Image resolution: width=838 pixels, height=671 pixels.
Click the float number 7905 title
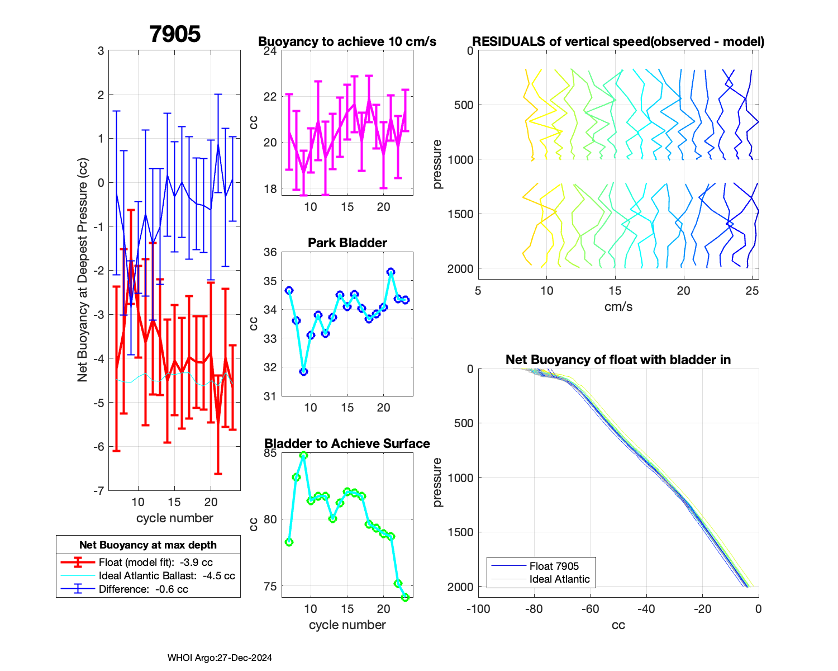click(x=175, y=34)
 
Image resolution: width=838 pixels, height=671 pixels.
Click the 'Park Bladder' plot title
click(x=347, y=243)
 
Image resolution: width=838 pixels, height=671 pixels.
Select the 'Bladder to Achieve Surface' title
click(x=347, y=443)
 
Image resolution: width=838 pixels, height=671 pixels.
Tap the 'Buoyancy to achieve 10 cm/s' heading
click(x=347, y=41)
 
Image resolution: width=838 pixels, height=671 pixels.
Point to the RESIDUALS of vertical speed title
click(x=618, y=41)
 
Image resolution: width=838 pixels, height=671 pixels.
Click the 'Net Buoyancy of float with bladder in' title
click(x=618, y=360)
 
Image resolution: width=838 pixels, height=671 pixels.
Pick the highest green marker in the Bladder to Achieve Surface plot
click(x=303, y=455)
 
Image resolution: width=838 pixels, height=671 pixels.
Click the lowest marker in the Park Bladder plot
click(x=303, y=371)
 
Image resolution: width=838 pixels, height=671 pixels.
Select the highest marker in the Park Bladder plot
click(x=391, y=272)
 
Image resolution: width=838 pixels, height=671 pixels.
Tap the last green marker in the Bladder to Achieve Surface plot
click(x=406, y=597)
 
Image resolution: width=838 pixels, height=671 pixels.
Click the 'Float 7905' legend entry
click(x=554, y=566)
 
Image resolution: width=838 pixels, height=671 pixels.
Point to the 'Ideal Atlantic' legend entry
click(x=559, y=579)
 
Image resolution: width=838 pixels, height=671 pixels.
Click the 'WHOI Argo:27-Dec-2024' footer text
click(x=220, y=658)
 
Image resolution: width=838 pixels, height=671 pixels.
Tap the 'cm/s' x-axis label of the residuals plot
click(x=618, y=306)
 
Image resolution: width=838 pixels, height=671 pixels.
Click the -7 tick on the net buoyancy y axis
click(x=99, y=491)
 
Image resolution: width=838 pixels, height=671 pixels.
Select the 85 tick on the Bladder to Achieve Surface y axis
click(x=270, y=452)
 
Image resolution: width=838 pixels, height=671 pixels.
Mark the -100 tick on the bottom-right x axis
click(x=478, y=608)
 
